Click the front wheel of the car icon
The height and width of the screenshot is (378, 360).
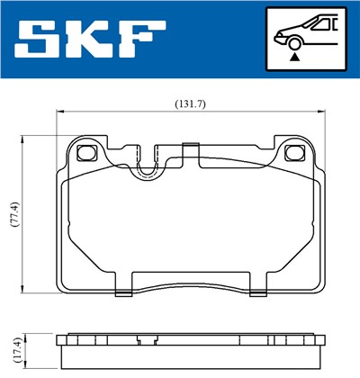pos(293,41)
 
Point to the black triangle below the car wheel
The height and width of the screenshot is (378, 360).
pos(293,56)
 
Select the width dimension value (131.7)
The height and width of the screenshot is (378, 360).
pos(190,103)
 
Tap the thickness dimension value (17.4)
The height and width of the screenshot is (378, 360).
pos(13,347)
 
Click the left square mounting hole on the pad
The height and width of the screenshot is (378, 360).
pos(88,152)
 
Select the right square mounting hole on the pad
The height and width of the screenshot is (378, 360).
pos(291,152)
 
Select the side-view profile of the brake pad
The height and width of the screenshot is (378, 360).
pos(189,347)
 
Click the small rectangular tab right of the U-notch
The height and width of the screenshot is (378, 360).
pos(190,145)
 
